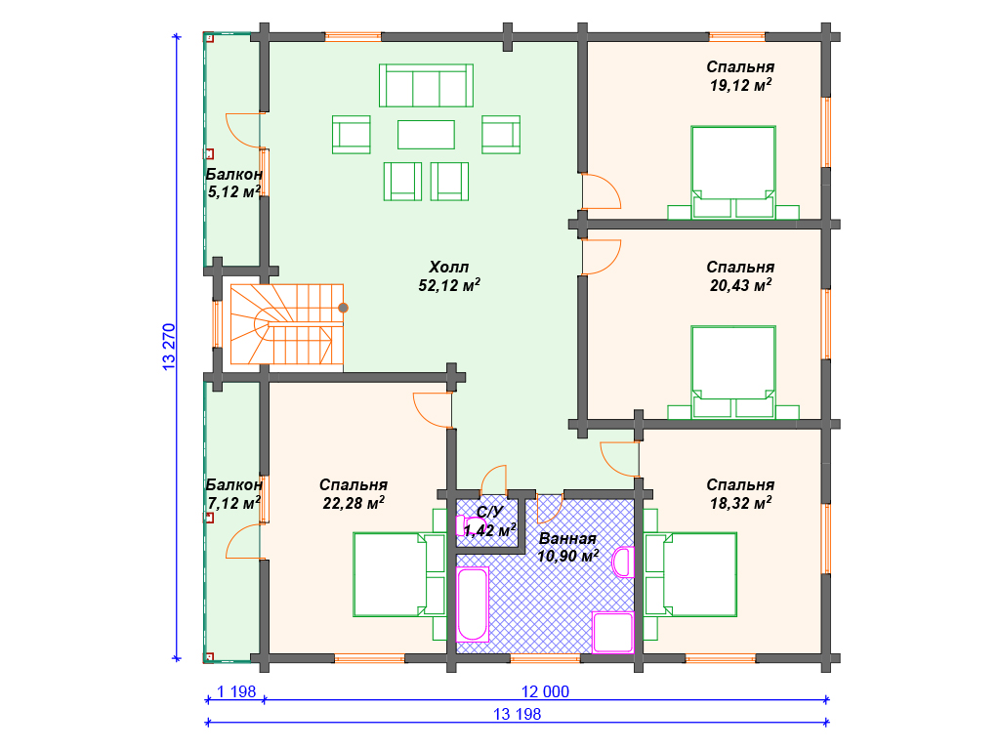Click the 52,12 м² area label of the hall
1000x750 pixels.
(x=449, y=285)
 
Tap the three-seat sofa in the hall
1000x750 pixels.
(x=426, y=86)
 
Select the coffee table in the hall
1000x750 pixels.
(x=426, y=135)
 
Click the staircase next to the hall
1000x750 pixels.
(x=287, y=324)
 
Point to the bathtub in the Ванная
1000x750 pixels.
(x=473, y=604)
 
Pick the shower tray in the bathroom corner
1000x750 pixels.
(x=613, y=632)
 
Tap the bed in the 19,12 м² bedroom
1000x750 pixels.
(x=733, y=172)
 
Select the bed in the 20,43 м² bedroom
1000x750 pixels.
(x=733, y=372)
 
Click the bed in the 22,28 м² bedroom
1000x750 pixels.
(x=399, y=574)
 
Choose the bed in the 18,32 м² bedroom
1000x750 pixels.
(x=690, y=574)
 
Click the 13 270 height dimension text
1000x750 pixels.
(x=168, y=348)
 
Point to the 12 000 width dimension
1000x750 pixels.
(x=545, y=691)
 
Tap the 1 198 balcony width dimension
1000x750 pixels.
(x=236, y=691)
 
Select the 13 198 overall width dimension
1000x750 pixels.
(x=518, y=714)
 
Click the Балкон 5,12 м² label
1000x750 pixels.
(x=234, y=183)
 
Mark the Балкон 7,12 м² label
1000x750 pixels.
(x=234, y=494)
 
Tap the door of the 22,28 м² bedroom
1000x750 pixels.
(x=433, y=410)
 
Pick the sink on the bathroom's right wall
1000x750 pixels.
(x=623, y=562)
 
